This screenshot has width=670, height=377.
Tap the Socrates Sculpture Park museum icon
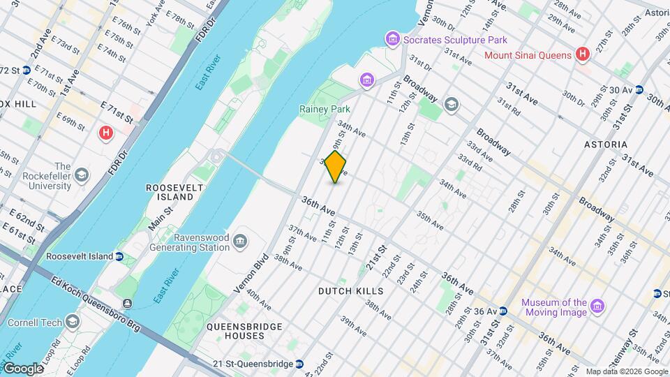[x=393, y=38]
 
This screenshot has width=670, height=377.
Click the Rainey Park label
[x=324, y=110]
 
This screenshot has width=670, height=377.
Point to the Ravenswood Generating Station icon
[x=241, y=242]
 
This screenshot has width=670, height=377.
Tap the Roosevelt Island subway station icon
[x=119, y=256]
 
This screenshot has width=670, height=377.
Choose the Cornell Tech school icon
[x=73, y=322]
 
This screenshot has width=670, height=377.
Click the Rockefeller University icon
[x=82, y=175]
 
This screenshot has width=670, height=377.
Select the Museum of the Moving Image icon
[x=597, y=306]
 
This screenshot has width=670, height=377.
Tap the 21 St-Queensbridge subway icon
[x=299, y=364]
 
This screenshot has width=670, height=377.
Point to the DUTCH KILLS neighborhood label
[x=351, y=290]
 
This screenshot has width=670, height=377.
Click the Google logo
[x=22, y=368]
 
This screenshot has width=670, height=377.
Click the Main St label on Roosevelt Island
[x=161, y=217]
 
